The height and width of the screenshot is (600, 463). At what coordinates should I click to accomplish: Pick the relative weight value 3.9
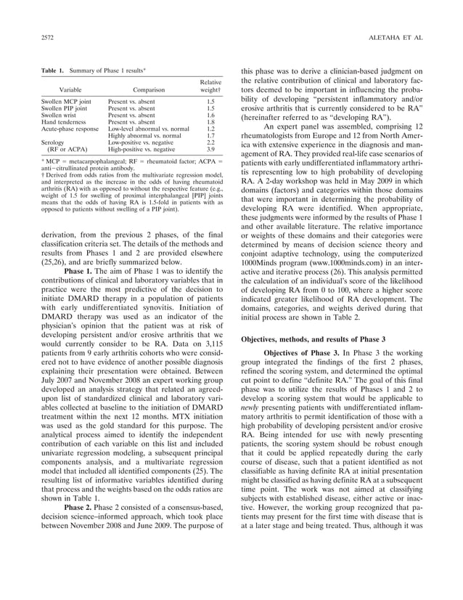tap(210, 148)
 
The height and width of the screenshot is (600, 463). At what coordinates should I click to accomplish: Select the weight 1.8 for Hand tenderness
tap(210, 122)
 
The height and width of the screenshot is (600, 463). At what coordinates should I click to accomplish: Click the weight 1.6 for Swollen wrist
tap(210, 115)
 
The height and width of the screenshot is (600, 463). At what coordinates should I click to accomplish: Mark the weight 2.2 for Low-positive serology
tap(210, 142)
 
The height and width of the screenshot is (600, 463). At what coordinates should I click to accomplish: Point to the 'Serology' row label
tap(53, 142)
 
